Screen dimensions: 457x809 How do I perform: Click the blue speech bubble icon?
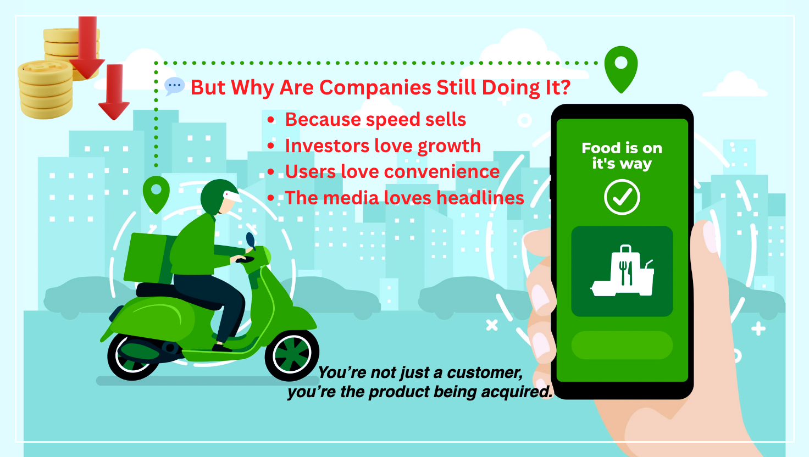(x=174, y=86)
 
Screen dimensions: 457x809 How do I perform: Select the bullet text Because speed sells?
(x=375, y=120)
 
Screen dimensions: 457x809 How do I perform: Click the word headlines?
(x=480, y=198)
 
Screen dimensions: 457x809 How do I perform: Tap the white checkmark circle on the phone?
(x=622, y=197)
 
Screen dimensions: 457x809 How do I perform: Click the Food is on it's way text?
(x=622, y=156)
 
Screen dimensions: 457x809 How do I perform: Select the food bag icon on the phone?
(x=623, y=272)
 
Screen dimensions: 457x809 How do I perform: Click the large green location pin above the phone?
(x=621, y=68)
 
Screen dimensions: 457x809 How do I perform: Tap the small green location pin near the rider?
(x=156, y=193)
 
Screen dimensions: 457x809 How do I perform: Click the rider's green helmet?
(x=218, y=196)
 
